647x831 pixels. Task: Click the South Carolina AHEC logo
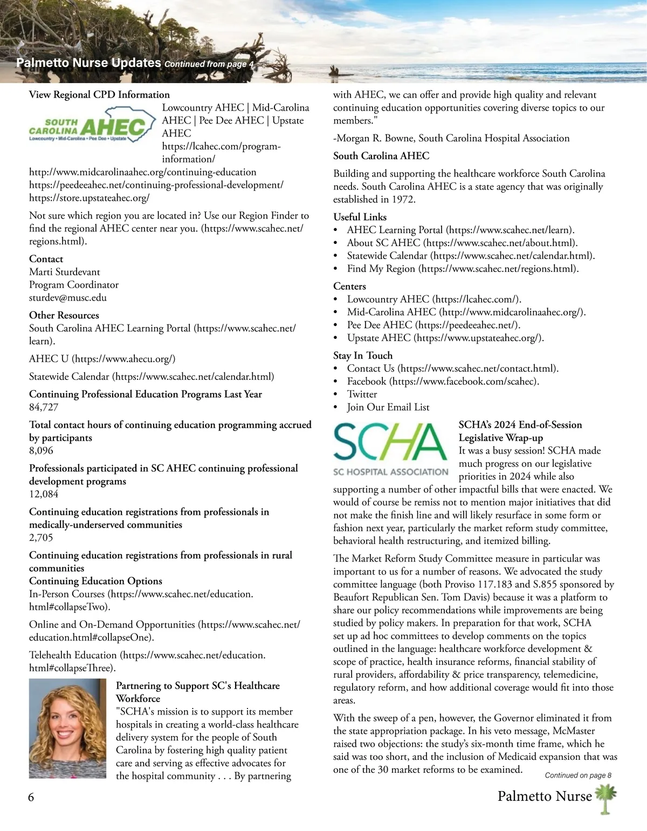[88, 126]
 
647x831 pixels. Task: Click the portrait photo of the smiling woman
[67, 728]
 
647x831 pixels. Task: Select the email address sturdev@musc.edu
[68, 298]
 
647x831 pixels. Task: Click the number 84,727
[44, 407]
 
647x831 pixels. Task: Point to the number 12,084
[44, 494]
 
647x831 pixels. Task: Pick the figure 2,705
[41, 537]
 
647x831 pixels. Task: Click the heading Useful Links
[360, 217]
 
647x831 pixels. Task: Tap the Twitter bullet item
[362, 394]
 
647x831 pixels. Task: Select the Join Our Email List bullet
[388, 407]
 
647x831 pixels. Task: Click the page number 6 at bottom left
[31, 797]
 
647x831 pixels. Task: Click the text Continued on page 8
[578, 775]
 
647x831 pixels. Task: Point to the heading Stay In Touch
[362, 356]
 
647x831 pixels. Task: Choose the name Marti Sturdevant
[64, 272]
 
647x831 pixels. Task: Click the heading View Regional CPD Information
[99, 95]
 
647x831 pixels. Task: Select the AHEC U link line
[102, 359]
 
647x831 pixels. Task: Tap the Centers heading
[349, 287]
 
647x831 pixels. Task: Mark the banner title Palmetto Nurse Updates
[88, 63]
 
